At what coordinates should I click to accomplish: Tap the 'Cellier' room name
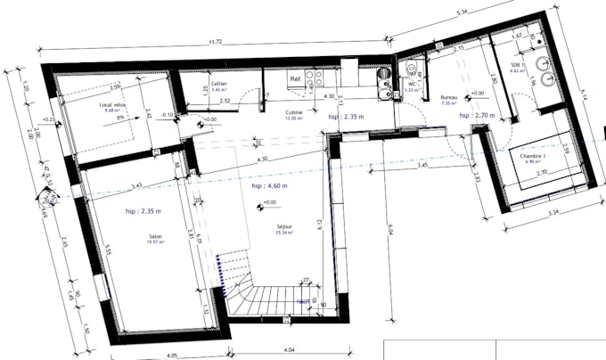218,84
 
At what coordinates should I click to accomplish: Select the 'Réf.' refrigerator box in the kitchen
294,79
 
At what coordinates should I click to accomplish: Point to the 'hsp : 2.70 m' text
478,116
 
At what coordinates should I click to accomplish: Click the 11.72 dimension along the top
217,42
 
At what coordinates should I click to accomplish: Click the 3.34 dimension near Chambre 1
553,214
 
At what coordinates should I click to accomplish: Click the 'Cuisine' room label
295,113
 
